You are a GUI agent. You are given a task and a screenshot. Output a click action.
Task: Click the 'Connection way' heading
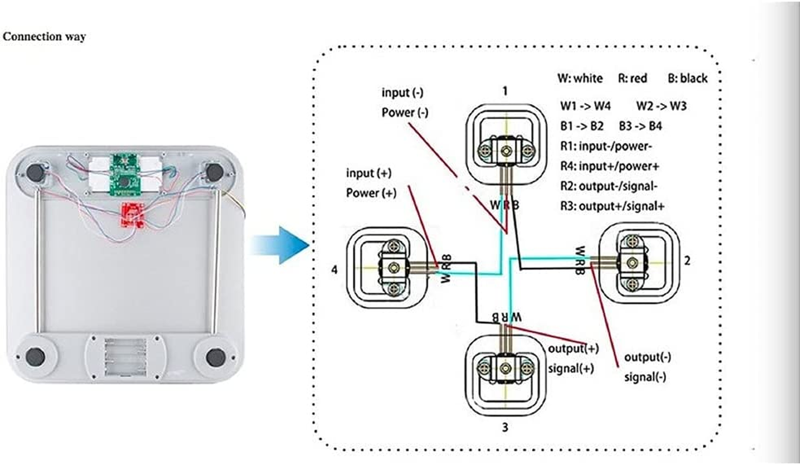45,37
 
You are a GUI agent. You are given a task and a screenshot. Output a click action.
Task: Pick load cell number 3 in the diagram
504,369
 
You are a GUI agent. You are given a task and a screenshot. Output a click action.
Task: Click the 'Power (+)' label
371,194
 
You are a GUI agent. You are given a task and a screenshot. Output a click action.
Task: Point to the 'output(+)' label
573,349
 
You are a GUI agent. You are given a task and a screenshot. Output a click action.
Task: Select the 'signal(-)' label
645,377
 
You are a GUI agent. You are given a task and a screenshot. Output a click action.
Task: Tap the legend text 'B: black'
686,78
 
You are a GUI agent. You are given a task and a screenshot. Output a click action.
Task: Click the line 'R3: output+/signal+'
613,205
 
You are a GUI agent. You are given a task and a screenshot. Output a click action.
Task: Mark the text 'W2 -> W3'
662,106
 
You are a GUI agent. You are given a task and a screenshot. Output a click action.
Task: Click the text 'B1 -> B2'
582,126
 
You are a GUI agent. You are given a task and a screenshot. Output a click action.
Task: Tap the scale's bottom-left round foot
34,356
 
